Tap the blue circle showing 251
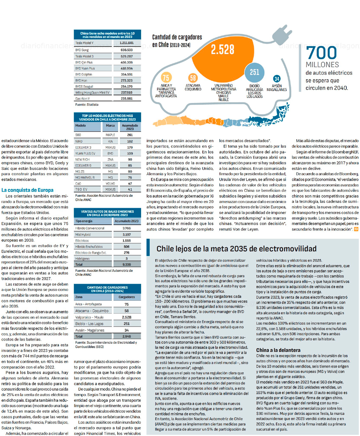[x=254, y=72]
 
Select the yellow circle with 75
[x=166, y=77]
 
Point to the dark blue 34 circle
[x=277, y=78]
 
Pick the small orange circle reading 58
[x=193, y=78]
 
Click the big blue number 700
[x=321, y=53]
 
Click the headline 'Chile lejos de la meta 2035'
[x=237, y=249]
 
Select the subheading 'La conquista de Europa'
[x=27, y=190]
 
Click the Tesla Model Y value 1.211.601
[x=126, y=43]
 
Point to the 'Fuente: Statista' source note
[x=87, y=104]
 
